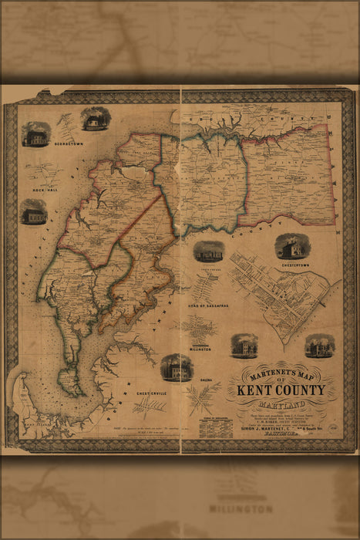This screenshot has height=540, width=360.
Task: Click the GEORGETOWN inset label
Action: point(68,143)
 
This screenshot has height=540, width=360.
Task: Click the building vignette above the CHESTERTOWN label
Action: point(290,246)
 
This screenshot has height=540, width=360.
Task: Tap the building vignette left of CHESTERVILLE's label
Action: point(177,368)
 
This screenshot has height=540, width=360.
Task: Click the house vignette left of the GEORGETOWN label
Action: point(36,136)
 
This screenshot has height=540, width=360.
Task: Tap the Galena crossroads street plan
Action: point(204,400)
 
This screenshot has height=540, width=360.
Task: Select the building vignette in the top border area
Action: point(96,119)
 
